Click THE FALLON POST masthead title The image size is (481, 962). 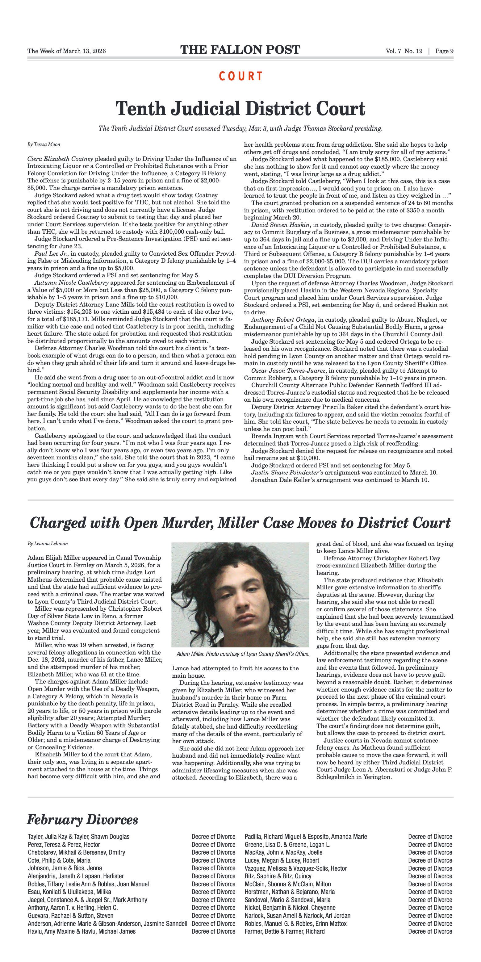(240, 50)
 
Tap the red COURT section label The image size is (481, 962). (241, 77)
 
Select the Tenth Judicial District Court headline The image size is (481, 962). (240, 109)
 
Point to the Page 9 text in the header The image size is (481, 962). (444, 51)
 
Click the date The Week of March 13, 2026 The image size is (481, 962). (66, 51)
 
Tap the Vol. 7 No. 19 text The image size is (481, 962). (404, 51)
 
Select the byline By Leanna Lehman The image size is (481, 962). (48, 543)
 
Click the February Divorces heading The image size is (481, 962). (82, 820)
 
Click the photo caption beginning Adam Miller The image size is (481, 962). (243, 654)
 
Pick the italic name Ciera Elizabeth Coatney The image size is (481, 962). (60, 159)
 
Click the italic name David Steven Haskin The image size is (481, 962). (280, 225)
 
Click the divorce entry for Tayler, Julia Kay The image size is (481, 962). (78, 837)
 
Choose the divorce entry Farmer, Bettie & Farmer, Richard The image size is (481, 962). (285, 931)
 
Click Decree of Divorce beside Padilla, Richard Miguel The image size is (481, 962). (430, 837)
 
